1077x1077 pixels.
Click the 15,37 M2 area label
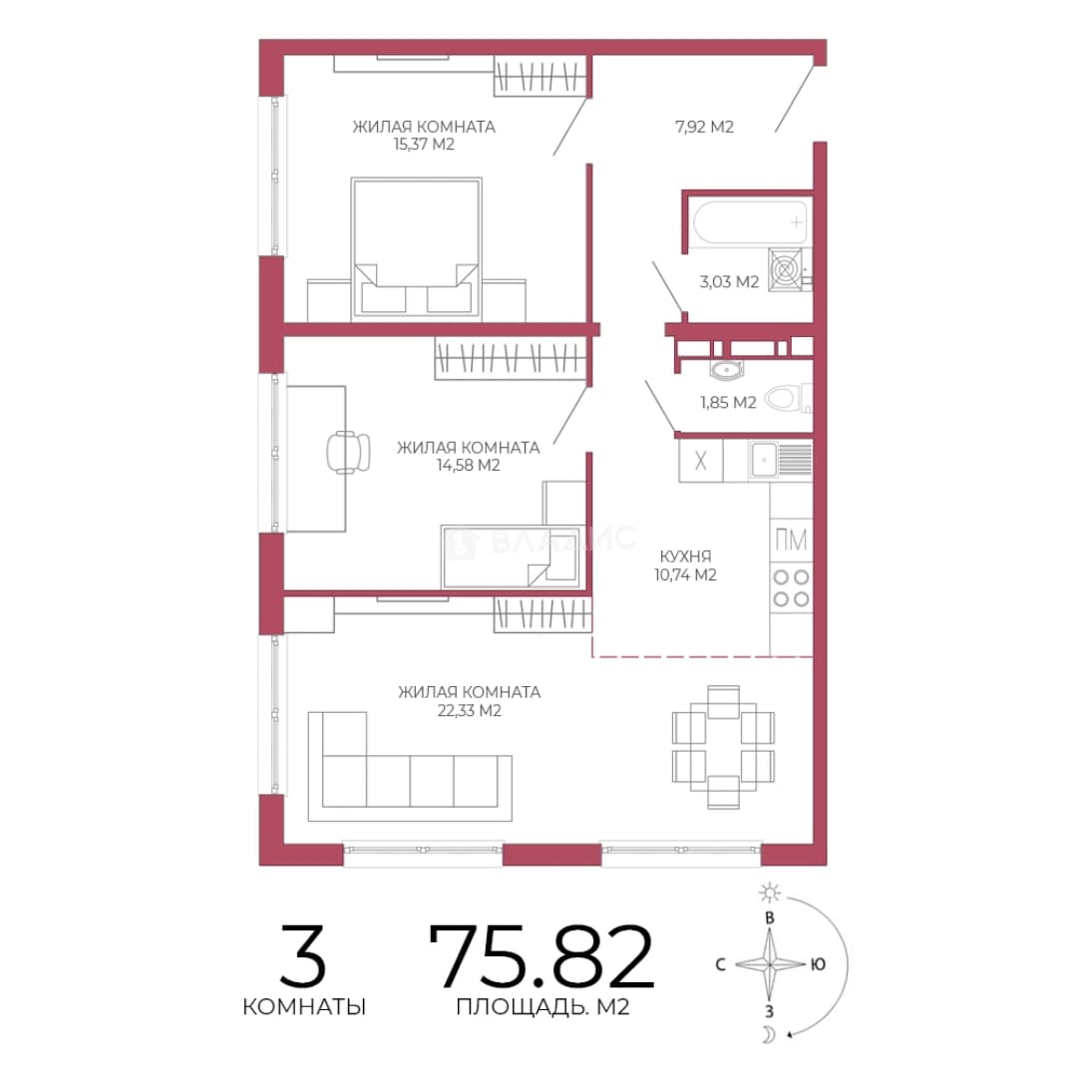pyautogui.click(x=424, y=145)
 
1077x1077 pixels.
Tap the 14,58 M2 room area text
pyautogui.click(x=468, y=465)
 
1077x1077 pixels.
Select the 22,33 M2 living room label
pyautogui.click(x=469, y=710)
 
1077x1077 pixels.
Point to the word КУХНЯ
pyautogui.click(x=685, y=556)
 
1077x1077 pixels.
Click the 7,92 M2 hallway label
pyautogui.click(x=705, y=127)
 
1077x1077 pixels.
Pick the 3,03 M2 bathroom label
pyautogui.click(x=729, y=281)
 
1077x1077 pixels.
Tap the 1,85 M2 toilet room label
pyautogui.click(x=728, y=403)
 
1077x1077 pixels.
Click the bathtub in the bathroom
pyautogui.click(x=750, y=222)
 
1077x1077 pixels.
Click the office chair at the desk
pyautogui.click(x=348, y=452)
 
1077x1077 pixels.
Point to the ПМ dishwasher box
pyautogui.click(x=791, y=539)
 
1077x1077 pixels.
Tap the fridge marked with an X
pyautogui.click(x=701, y=460)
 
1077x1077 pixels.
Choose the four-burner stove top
pyautogui.click(x=791, y=588)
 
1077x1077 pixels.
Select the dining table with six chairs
pyautogui.click(x=723, y=747)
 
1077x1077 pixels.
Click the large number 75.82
pyautogui.click(x=541, y=956)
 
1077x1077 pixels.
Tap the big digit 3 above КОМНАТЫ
pyautogui.click(x=303, y=956)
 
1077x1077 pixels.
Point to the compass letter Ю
pyautogui.click(x=818, y=965)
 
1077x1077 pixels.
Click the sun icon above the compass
pyautogui.click(x=770, y=893)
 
